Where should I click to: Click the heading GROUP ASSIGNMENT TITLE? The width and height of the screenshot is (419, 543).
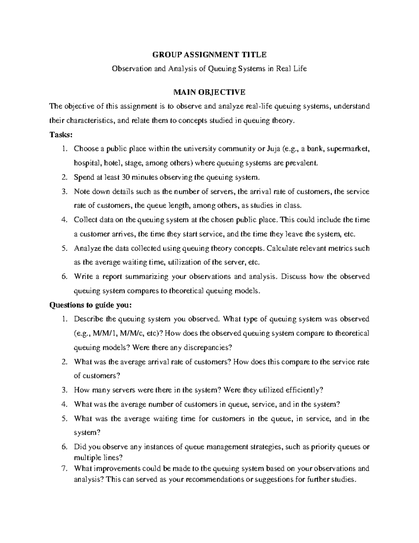click(x=209, y=55)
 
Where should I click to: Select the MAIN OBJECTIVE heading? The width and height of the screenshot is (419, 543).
click(x=209, y=92)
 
